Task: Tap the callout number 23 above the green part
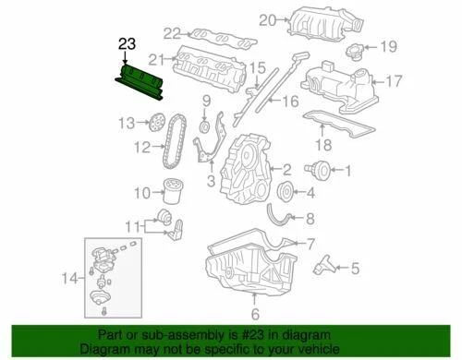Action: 126,42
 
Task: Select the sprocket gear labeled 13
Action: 156,121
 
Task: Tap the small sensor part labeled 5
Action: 326,269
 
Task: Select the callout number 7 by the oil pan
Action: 311,243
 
